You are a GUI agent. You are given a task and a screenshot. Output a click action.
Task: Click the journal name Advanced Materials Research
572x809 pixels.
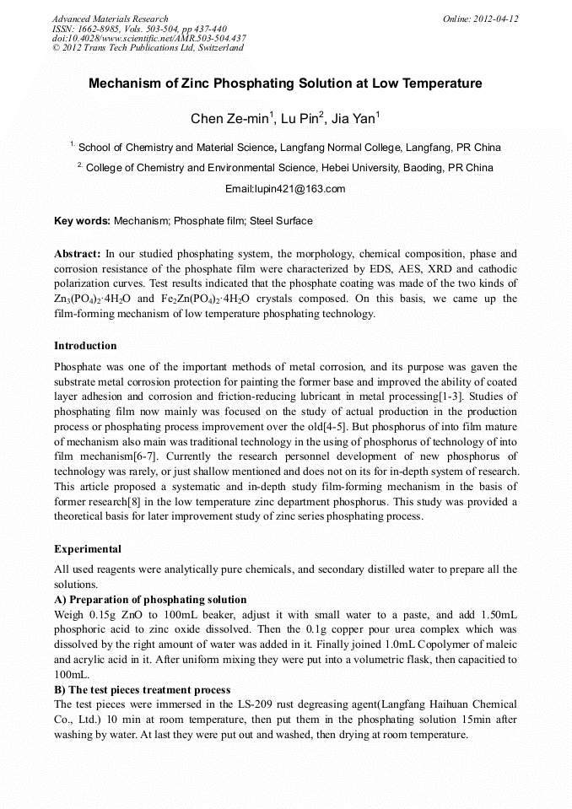[x=110, y=19]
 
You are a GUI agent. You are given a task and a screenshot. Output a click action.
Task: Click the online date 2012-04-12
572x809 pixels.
[x=495, y=19]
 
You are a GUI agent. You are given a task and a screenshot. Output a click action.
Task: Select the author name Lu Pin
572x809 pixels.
[x=299, y=118]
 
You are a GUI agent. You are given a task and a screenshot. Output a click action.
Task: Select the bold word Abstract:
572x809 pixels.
[x=78, y=253]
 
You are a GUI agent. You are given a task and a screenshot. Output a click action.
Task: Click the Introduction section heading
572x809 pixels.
[x=85, y=346]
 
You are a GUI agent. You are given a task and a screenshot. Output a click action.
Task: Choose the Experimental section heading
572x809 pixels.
[x=88, y=549]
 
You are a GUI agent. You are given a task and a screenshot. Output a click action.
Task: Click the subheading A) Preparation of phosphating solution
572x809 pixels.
[x=150, y=600]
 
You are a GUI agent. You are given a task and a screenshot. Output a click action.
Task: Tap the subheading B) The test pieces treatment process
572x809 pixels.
[x=142, y=690]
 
